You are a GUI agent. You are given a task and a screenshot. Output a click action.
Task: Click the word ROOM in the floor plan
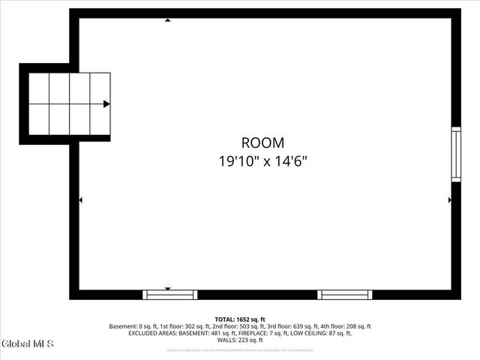[x=262, y=142]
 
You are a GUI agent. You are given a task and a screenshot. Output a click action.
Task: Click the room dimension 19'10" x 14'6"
[x=262, y=160]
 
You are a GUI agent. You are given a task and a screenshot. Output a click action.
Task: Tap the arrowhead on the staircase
[x=106, y=104]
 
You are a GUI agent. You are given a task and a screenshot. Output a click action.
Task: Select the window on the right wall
[x=455, y=154]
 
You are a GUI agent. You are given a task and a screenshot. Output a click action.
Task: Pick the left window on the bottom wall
[x=170, y=294]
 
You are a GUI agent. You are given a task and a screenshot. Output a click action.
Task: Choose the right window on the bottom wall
[x=345, y=294]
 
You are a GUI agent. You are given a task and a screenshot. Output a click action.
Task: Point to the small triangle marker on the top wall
[x=167, y=20]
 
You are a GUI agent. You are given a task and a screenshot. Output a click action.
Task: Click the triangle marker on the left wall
[x=81, y=199]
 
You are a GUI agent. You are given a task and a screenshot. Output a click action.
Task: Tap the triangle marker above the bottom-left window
[x=168, y=288]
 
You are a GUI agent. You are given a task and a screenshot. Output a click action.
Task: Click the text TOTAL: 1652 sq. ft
[x=240, y=319]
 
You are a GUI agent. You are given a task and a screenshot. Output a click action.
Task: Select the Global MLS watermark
[x=28, y=344]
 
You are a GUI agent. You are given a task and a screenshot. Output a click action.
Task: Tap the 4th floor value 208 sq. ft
[x=357, y=326]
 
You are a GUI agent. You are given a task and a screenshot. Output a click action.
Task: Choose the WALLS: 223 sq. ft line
[x=240, y=340]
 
